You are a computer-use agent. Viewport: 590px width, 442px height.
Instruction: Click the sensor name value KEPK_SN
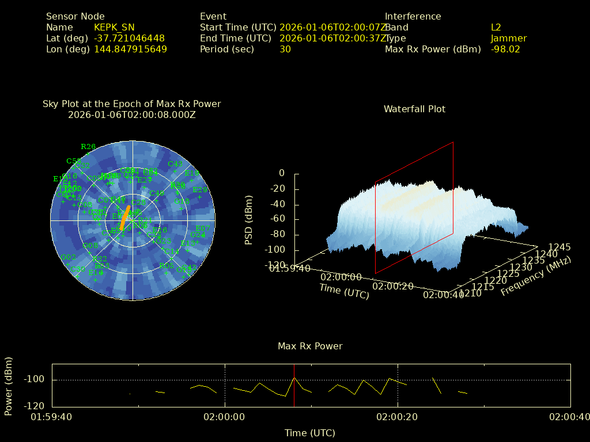[114, 28]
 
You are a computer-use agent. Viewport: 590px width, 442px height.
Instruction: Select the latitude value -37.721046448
[129, 39]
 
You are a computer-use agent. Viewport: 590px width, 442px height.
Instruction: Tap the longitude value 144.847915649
[130, 49]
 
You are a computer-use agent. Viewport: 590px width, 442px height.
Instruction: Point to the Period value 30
[285, 49]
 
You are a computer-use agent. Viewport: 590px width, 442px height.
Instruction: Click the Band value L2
[496, 28]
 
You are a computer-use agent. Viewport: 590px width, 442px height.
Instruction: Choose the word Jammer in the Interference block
[509, 39]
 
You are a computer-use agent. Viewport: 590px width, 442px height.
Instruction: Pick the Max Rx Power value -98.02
[505, 49]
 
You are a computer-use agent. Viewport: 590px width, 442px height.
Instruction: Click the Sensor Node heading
[75, 17]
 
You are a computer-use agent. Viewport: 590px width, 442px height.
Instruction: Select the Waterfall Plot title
[414, 109]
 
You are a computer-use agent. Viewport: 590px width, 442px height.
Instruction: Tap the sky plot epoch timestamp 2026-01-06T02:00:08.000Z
[132, 115]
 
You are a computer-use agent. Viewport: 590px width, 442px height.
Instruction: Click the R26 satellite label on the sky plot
[88, 147]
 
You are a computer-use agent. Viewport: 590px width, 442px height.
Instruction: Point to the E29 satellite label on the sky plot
[200, 190]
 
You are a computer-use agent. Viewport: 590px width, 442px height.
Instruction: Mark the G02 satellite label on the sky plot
[69, 257]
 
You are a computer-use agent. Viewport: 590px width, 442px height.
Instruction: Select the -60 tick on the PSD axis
[278, 219]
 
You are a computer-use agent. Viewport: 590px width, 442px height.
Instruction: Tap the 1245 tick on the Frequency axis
[559, 247]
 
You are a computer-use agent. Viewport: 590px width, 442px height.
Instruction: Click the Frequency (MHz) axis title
[536, 277]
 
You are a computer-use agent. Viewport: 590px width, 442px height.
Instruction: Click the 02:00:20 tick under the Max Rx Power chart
[398, 417]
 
